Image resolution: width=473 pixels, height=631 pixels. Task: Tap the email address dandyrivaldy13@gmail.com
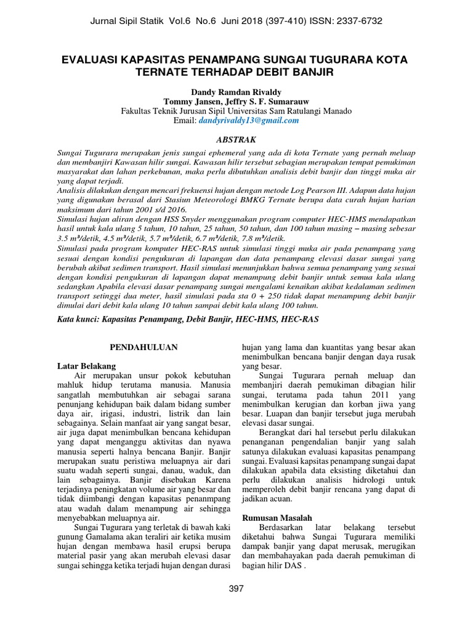(x=248, y=121)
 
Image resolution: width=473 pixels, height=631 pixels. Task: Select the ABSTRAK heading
(x=236, y=140)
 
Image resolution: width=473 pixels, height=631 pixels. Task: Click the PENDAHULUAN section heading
(x=144, y=348)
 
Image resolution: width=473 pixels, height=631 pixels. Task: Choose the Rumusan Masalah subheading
(x=277, y=518)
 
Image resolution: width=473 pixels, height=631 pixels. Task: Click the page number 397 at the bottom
(x=236, y=588)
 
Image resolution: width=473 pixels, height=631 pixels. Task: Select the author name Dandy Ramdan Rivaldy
(x=236, y=91)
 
